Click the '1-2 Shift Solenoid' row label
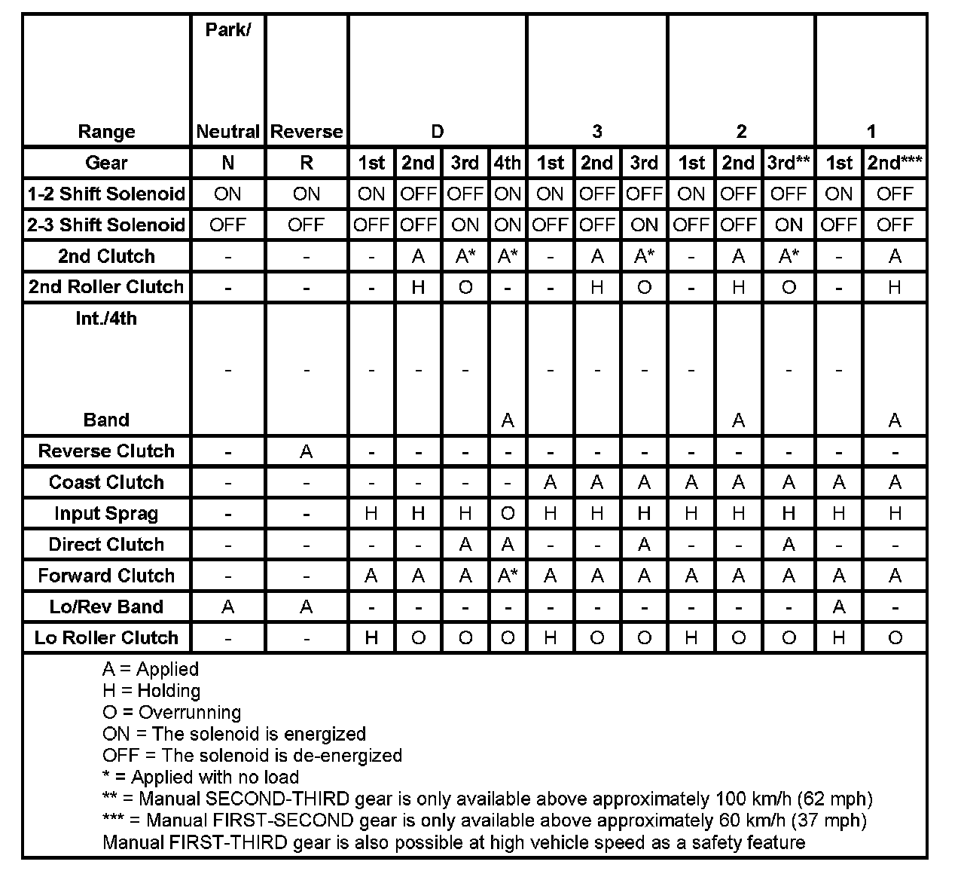pos(106,194)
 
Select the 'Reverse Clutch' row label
pos(106,451)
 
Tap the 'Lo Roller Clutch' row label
pos(106,638)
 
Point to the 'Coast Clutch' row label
pos(106,482)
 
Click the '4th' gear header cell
pos(508,163)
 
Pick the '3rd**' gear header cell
pos(789,163)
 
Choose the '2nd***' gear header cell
pos(895,163)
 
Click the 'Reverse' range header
pos(307,132)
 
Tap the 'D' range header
pos(438,132)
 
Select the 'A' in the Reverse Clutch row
pos(307,451)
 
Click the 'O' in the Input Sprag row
pos(508,514)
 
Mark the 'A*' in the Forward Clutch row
pos(508,576)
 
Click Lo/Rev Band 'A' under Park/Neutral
pos(227,607)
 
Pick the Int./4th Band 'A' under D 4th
pos(508,420)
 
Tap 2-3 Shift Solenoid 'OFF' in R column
pos(307,225)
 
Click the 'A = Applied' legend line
pos(151,669)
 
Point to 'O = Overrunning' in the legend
pos(172,713)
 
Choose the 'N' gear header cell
pos(227,163)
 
